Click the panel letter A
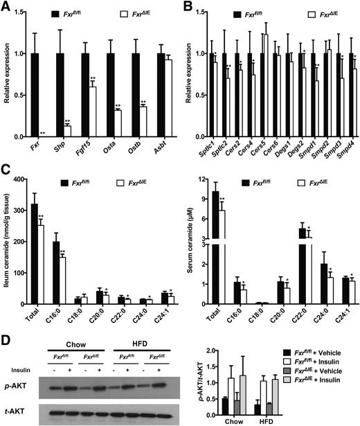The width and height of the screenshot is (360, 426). pos(6,6)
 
